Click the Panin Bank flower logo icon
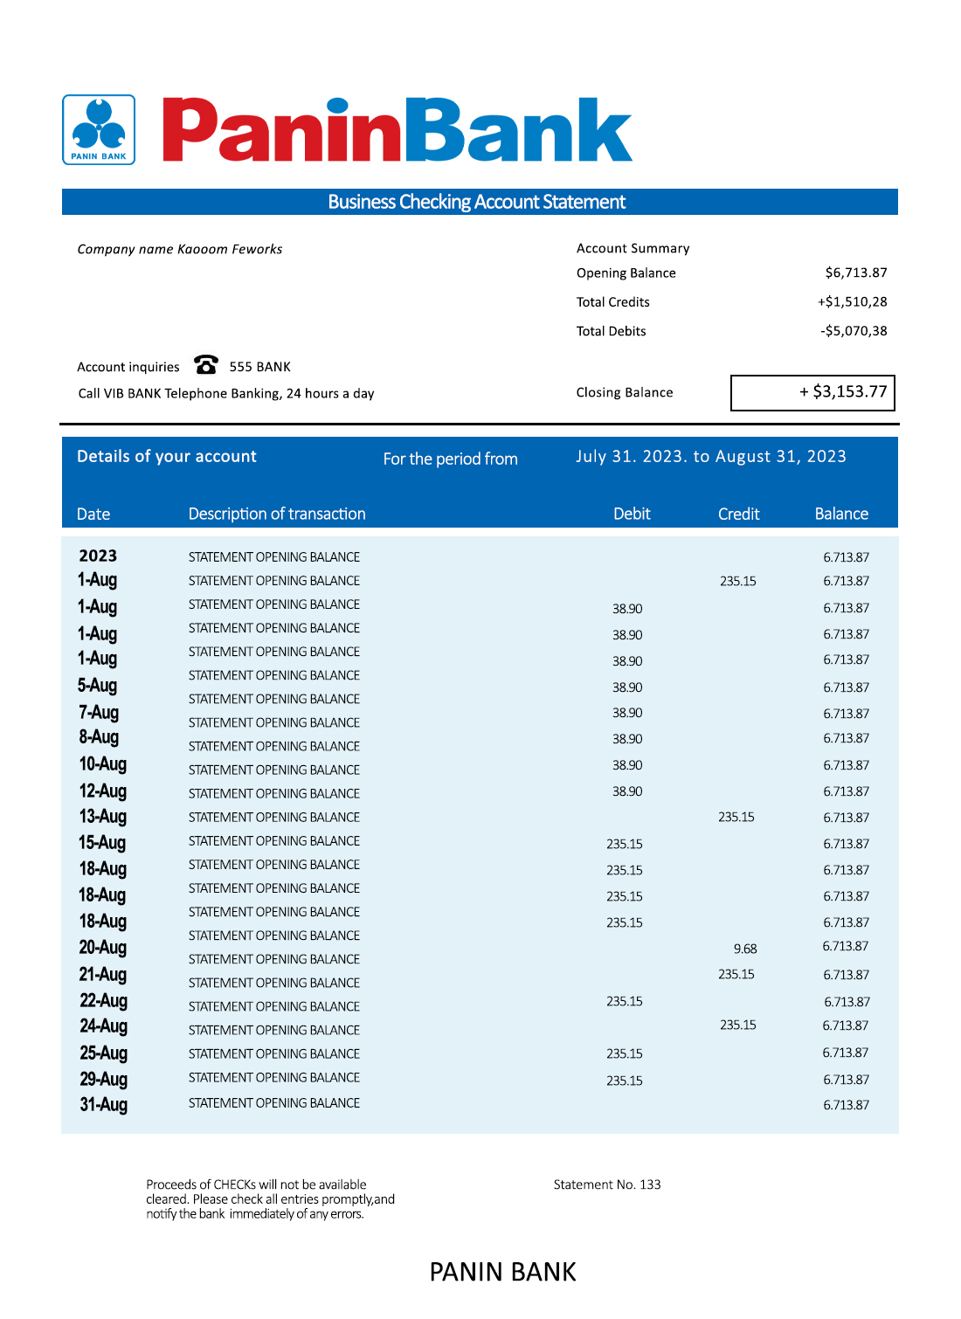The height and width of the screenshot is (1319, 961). pos(99,129)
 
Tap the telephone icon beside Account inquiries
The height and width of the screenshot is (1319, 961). pos(206,364)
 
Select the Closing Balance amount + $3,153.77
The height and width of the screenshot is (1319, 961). pos(843,392)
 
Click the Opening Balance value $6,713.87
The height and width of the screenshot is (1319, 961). pos(855,273)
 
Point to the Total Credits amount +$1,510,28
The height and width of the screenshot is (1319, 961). pos(852,302)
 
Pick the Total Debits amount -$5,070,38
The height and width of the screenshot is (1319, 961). pos(853,331)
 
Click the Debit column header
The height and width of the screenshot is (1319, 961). pos(632,514)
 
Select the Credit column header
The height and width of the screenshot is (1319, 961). pos(738,514)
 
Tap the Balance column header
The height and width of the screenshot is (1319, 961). pos(841,514)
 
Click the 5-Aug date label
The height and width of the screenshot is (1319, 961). pos(97,686)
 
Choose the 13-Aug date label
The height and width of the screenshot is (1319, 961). pos(102,817)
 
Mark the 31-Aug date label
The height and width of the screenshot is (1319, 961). pos(103,1105)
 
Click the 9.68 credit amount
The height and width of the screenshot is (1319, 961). pos(745,949)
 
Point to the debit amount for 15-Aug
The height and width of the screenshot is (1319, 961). pos(625,844)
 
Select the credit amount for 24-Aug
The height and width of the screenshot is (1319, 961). pos(738,1026)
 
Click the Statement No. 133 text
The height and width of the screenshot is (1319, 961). pos(607,1184)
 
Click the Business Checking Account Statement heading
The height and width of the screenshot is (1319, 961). pos(477,202)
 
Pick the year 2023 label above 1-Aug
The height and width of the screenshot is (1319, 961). pos(98,556)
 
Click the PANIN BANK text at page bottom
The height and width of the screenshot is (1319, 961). pos(502,1272)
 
